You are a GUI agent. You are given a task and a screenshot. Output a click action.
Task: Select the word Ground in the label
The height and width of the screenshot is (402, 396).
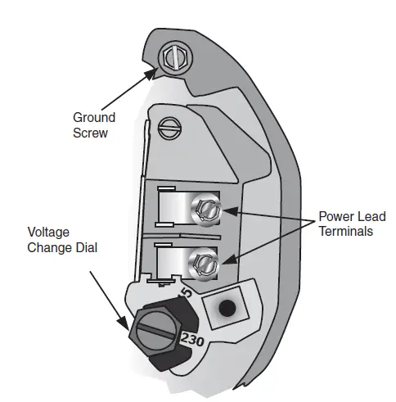94,118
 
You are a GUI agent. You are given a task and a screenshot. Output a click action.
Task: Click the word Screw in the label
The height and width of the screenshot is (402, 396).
90,133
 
